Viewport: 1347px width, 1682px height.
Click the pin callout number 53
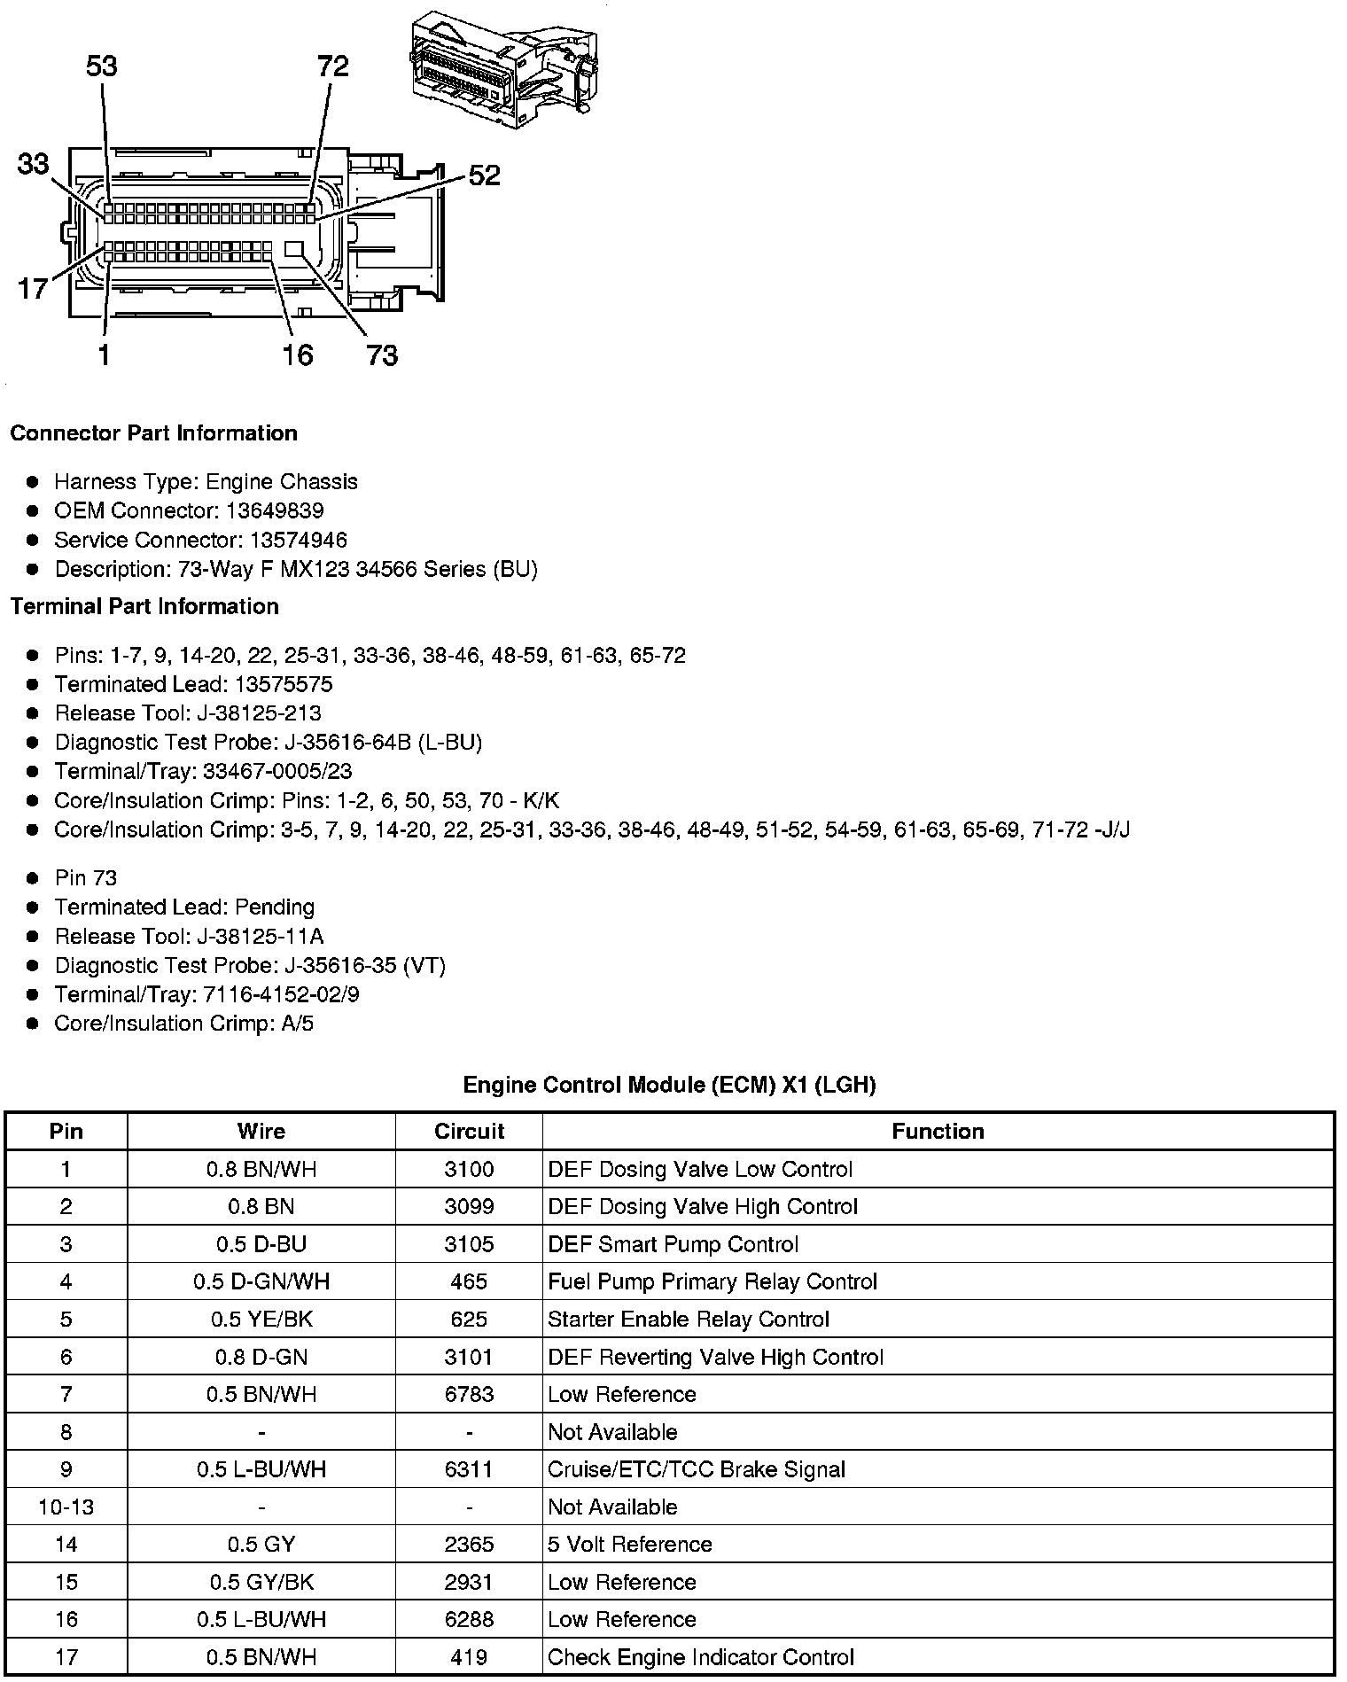[x=102, y=66]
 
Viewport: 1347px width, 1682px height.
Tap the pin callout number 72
[x=333, y=66]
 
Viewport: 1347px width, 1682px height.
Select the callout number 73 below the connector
[x=382, y=355]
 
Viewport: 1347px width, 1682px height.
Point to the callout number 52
[x=484, y=175]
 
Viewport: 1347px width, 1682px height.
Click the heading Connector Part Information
[x=153, y=433]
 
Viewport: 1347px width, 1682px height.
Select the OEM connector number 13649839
[x=274, y=510]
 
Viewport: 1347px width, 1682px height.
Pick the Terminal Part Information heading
[x=144, y=606]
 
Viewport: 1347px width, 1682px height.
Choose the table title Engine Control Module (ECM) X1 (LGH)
[x=669, y=1085]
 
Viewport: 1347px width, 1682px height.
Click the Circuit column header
[x=469, y=1132]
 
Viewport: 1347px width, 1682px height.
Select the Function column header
[x=938, y=1132]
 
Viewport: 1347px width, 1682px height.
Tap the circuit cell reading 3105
[x=469, y=1244]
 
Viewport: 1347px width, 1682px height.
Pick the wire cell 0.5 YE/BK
[x=261, y=1320]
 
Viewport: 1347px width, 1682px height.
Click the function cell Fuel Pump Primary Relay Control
[x=712, y=1282]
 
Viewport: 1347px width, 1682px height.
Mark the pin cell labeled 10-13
[x=66, y=1507]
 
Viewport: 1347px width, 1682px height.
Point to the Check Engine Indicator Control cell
[x=701, y=1657]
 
